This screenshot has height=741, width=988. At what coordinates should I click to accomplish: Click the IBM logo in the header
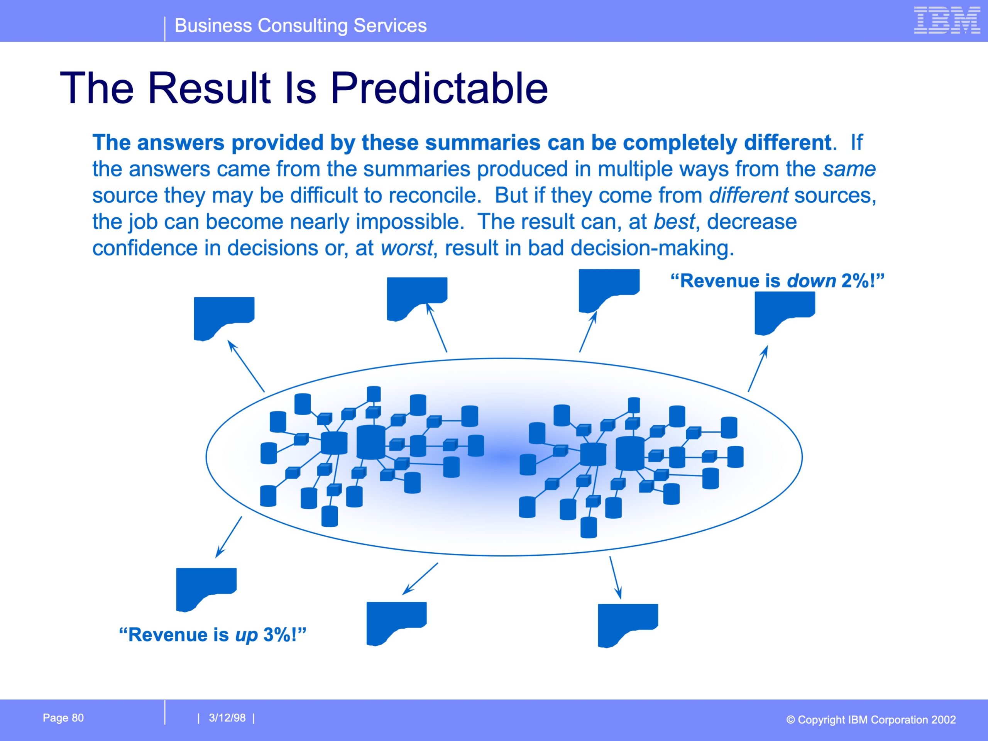(947, 20)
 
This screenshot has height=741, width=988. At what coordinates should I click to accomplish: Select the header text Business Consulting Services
(301, 25)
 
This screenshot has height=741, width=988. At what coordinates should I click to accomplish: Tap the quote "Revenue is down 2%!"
(777, 281)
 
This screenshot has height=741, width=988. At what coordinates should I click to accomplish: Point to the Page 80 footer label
(63, 718)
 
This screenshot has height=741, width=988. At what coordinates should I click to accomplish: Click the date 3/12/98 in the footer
(227, 718)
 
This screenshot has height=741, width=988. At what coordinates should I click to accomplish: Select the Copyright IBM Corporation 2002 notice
(871, 719)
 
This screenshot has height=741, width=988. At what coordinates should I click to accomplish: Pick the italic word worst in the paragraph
(406, 248)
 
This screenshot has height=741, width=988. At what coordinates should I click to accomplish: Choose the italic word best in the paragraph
(674, 222)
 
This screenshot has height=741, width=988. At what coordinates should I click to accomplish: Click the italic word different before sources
(749, 196)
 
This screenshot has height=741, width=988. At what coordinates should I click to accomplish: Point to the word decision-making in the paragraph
(652, 248)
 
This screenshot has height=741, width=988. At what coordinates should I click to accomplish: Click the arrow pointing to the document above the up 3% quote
(229, 537)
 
